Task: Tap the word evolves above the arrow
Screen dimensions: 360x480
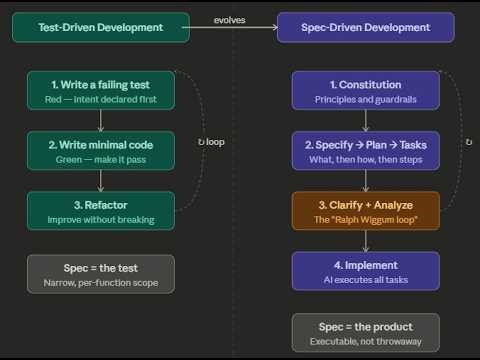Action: (230, 19)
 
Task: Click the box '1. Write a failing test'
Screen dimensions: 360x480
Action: (101, 90)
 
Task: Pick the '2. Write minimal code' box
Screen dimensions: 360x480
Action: (101, 150)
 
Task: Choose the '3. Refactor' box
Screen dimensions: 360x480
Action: (101, 210)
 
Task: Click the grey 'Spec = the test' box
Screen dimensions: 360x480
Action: (101, 273)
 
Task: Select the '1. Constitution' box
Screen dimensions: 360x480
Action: (365, 90)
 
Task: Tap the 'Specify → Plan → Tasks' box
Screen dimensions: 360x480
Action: (365, 150)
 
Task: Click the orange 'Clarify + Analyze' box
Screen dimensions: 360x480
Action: (365, 210)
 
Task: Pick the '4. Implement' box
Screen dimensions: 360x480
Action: (365, 270)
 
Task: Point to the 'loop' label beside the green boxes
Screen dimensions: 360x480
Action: (212, 142)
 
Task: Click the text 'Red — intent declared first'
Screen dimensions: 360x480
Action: (101, 99)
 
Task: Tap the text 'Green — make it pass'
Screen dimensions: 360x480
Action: (101, 159)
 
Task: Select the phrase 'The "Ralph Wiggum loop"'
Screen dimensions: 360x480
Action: (365, 219)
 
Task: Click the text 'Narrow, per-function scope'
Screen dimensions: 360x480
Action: (101, 282)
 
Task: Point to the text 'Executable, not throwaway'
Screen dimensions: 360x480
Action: (365, 341)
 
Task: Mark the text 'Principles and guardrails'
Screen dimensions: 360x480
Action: (365, 99)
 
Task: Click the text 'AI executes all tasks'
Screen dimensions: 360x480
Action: (365, 279)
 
